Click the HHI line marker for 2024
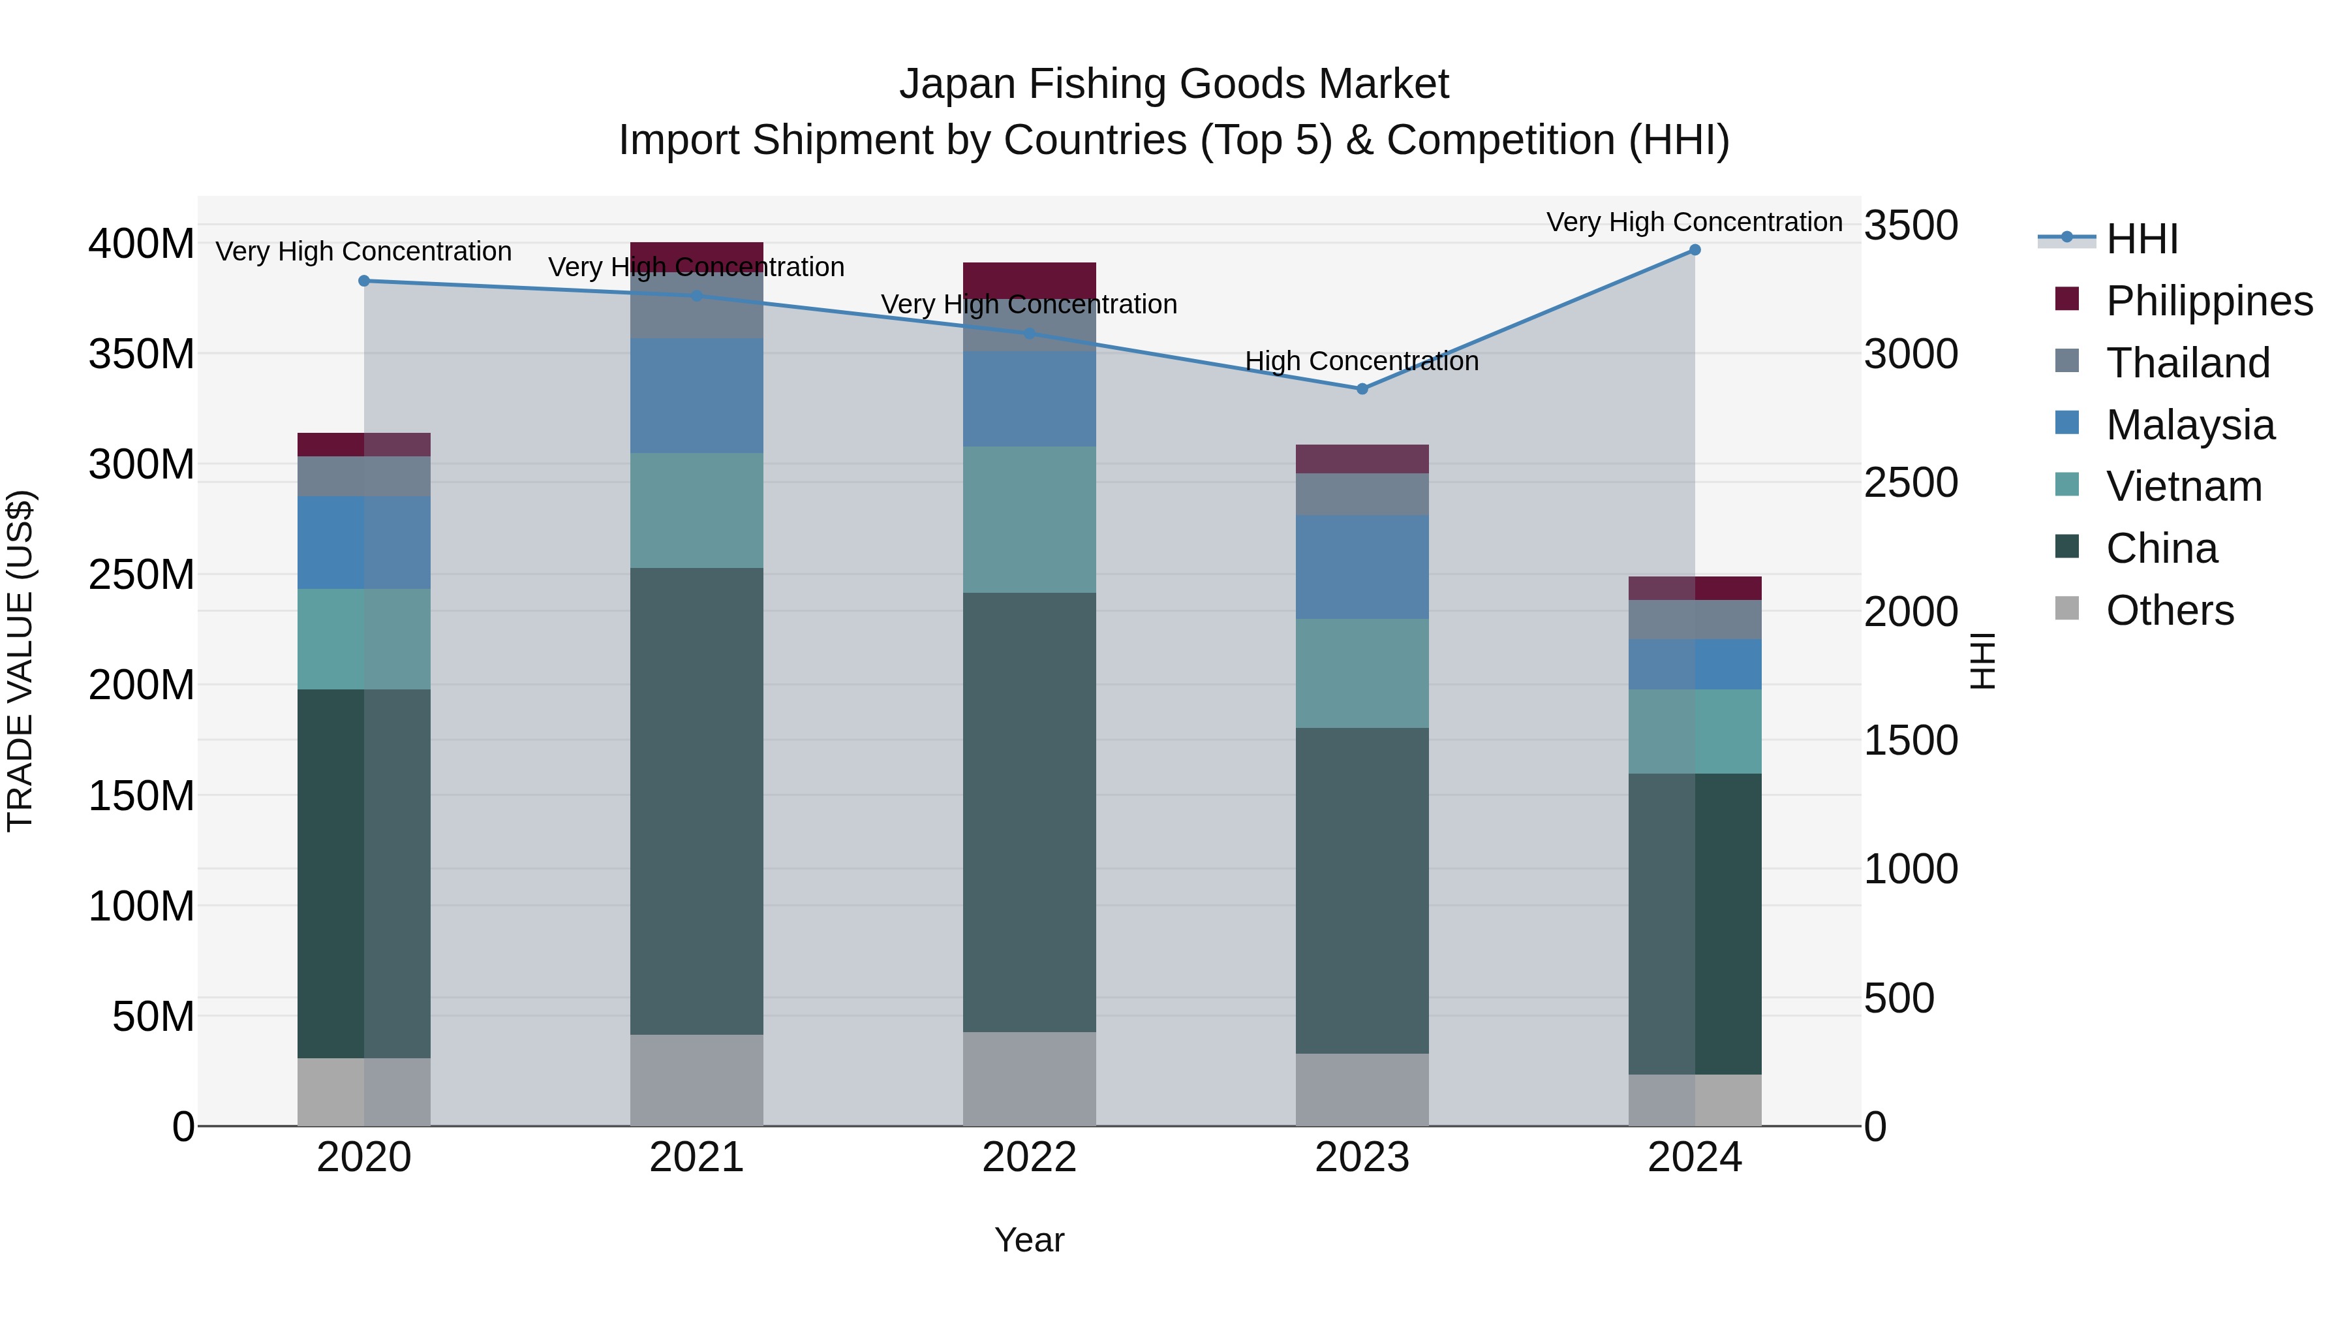1695,250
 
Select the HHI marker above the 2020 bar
364,281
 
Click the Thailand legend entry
2187,362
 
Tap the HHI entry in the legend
2141,239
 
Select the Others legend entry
2168,610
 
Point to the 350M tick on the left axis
142,354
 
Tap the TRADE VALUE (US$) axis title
20,661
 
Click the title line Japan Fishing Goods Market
1174,84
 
